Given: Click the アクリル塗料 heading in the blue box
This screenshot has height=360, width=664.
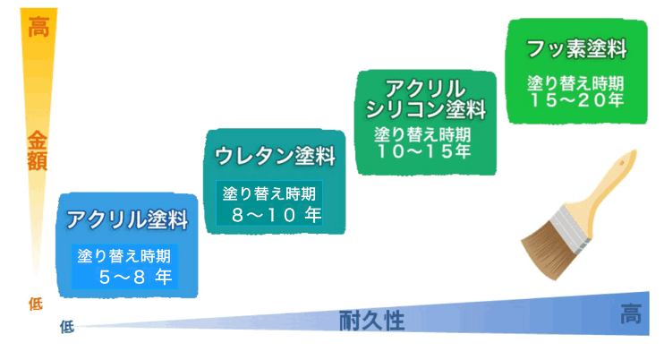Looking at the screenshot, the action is point(127,219).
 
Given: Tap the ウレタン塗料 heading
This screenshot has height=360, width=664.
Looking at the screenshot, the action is point(276,156).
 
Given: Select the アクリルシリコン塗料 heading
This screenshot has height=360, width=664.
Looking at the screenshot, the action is point(426,99).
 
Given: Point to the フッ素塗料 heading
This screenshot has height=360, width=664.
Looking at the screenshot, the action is point(576,48).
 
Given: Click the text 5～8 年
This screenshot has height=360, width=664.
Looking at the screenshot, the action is point(135,277).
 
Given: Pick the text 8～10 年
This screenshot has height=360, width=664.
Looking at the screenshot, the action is point(277,215).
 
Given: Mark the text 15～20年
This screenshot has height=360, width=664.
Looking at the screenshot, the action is point(576,100).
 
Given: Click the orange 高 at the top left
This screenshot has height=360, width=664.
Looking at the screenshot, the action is point(38,27).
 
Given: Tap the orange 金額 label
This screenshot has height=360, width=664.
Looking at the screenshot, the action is point(38,150).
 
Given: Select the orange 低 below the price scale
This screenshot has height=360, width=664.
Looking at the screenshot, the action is point(36,304).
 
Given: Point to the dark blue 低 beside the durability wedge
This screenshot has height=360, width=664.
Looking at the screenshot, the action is point(67,327).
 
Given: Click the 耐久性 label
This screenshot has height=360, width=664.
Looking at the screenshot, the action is point(371,321).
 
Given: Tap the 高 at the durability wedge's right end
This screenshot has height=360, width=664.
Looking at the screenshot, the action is point(631,313).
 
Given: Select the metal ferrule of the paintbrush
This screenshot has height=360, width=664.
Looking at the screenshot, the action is point(571,225).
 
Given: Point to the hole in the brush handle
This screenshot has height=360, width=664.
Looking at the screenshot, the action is point(622,163).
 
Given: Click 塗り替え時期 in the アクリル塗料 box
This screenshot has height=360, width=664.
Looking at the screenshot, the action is point(124,256).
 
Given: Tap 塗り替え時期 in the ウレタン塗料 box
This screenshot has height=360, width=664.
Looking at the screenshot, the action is point(269,193).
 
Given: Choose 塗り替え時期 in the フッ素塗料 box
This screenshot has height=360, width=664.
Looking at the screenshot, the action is point(575,83).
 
